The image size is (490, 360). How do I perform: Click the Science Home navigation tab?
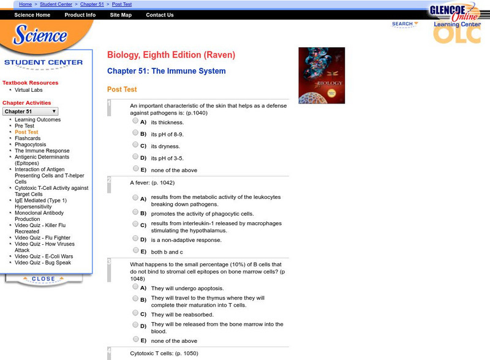(x=32, y=15)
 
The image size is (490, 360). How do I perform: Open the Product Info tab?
(x=80, y=15)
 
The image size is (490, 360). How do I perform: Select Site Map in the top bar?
(x=121, y=15)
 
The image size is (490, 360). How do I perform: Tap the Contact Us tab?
(x=160, y=15)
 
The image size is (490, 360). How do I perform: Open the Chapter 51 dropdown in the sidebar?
(x=31, y=111)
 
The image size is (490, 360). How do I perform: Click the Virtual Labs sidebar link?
(x=29, y=90)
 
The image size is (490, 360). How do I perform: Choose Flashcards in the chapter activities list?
(x=28, y=138)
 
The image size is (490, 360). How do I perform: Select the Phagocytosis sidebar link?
(x=31, y=144)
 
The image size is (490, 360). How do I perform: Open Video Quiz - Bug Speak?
(x=43, y=263)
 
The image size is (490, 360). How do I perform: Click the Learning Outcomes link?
(x=37, y=119)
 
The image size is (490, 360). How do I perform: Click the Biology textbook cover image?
(x=322, y=75)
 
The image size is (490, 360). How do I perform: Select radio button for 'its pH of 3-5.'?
(x=135, y=157)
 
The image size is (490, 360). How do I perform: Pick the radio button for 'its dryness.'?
(x=135, y=144)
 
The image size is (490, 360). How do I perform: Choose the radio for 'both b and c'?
(x=135, y=250)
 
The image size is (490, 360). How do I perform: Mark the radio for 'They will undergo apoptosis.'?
(x=135, y=286)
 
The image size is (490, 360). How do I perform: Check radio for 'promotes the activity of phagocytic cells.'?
(x=135, y=212)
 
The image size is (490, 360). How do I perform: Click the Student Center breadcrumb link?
(x=55, y=4)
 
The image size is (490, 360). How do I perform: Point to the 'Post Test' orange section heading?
(x=122, y=89)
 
